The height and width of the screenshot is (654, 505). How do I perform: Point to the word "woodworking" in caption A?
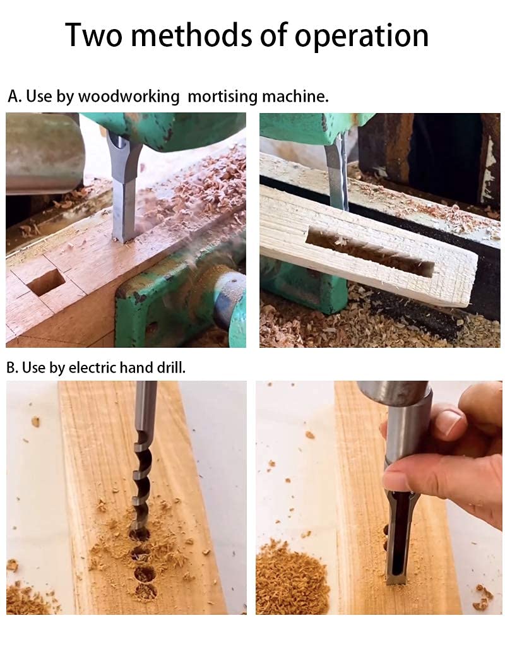point(129,97)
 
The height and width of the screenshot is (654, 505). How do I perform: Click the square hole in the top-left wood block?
point(45,282)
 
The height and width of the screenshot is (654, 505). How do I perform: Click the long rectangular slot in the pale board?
point(370,253)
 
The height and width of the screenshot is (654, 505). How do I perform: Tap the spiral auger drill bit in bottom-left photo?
point(142,467)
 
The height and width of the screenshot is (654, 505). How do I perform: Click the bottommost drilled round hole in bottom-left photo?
point(145,592)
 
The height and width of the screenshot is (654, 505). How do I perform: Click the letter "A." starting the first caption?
point(15,97)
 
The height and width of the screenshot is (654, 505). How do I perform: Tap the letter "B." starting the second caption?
point(13,367)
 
